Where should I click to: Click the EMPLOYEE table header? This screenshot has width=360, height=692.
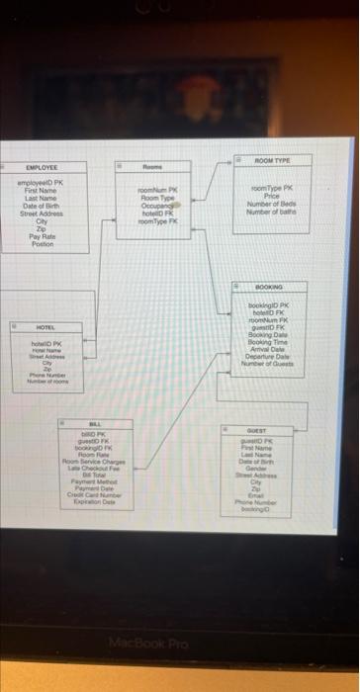(42, 169)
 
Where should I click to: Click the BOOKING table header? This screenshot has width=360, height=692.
(269, 286)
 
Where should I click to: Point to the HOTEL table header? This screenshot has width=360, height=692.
(45, 325)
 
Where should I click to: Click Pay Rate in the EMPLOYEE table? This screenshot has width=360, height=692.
(42, 238)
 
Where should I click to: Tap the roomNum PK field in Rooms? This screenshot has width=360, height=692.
(158, 188)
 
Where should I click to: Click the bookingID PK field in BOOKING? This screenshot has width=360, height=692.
(268, 307)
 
